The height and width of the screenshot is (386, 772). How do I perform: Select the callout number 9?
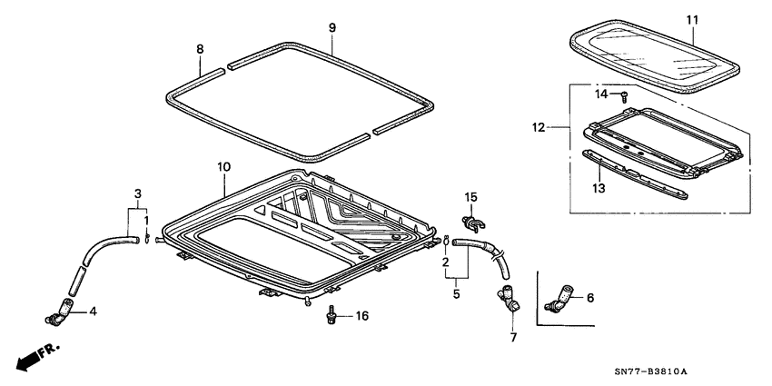click(x=332, y=28)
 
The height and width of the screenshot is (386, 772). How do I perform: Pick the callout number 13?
click(x=598, y=188)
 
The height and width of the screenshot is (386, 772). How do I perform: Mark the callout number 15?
click(x=470, y=197)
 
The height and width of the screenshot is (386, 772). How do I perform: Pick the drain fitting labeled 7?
click(x=507, y=299)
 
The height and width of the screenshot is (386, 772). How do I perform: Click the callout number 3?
click(x=137, y=193)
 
